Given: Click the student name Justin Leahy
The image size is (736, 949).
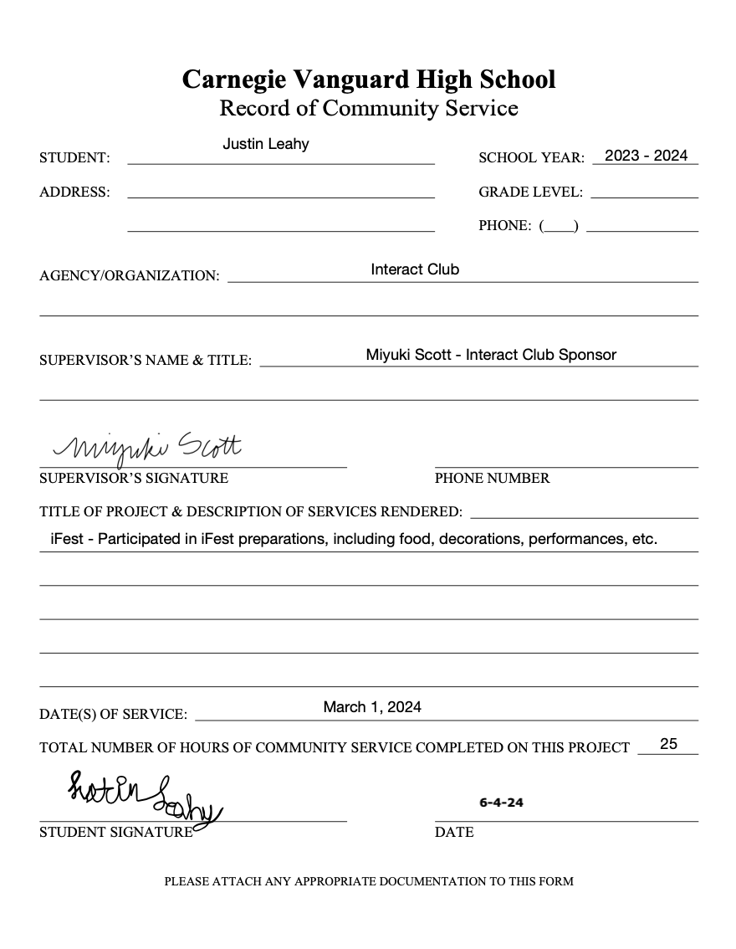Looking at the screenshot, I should coord(266,144).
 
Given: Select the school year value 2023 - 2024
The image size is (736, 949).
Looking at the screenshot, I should coord(646,156).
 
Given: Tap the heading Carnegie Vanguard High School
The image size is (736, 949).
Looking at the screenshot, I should coord(369,80).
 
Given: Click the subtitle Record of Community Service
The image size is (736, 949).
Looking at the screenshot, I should coord(369,108).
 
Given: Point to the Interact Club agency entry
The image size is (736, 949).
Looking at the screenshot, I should coord(415,269).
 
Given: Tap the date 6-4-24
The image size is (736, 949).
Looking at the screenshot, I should coord(501,802).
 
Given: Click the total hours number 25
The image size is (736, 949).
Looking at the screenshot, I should coord(668,743).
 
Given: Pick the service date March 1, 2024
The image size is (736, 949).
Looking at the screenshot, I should coord(372,707).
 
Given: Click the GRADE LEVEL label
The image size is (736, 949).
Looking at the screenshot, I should coord(530,192).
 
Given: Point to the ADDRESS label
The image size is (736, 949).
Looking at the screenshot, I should coord(74,192).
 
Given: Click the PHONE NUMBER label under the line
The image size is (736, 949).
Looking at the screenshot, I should coord(492,479).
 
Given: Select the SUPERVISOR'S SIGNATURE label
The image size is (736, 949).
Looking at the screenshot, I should coord(134,479).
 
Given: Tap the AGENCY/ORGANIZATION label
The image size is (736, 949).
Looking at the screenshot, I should coord(129,276).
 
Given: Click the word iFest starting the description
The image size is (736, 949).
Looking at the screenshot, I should coord(67,539).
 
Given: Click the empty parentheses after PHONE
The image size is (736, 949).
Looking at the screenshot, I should coord(559,226).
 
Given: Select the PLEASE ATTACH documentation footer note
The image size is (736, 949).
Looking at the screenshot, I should coord(369,881).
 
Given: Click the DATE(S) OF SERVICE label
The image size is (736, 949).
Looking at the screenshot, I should coord(113,715).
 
